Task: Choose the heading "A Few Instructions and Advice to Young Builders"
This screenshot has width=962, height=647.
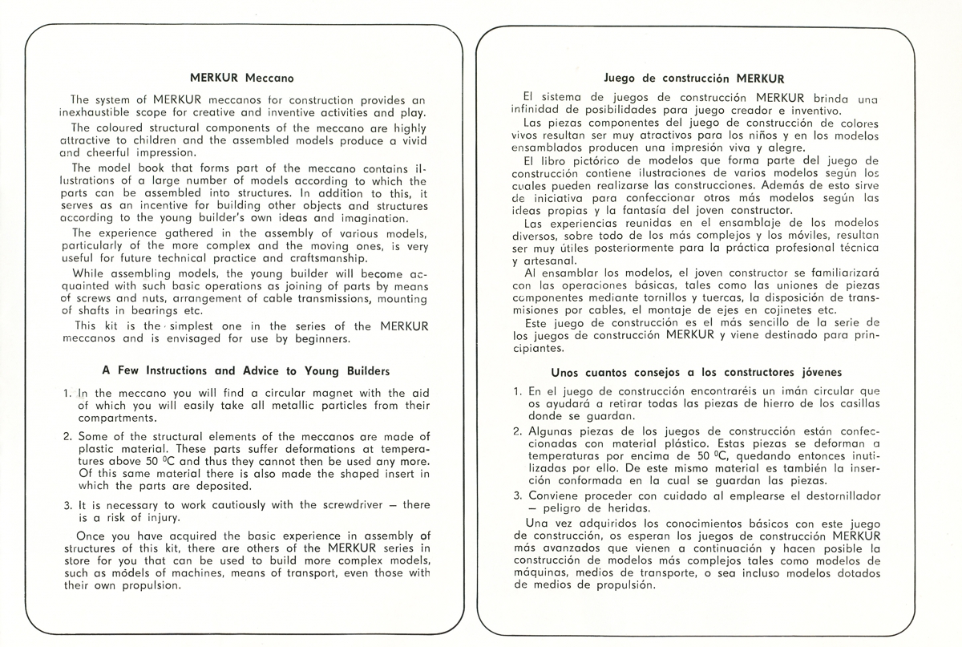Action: pos(246,370)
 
